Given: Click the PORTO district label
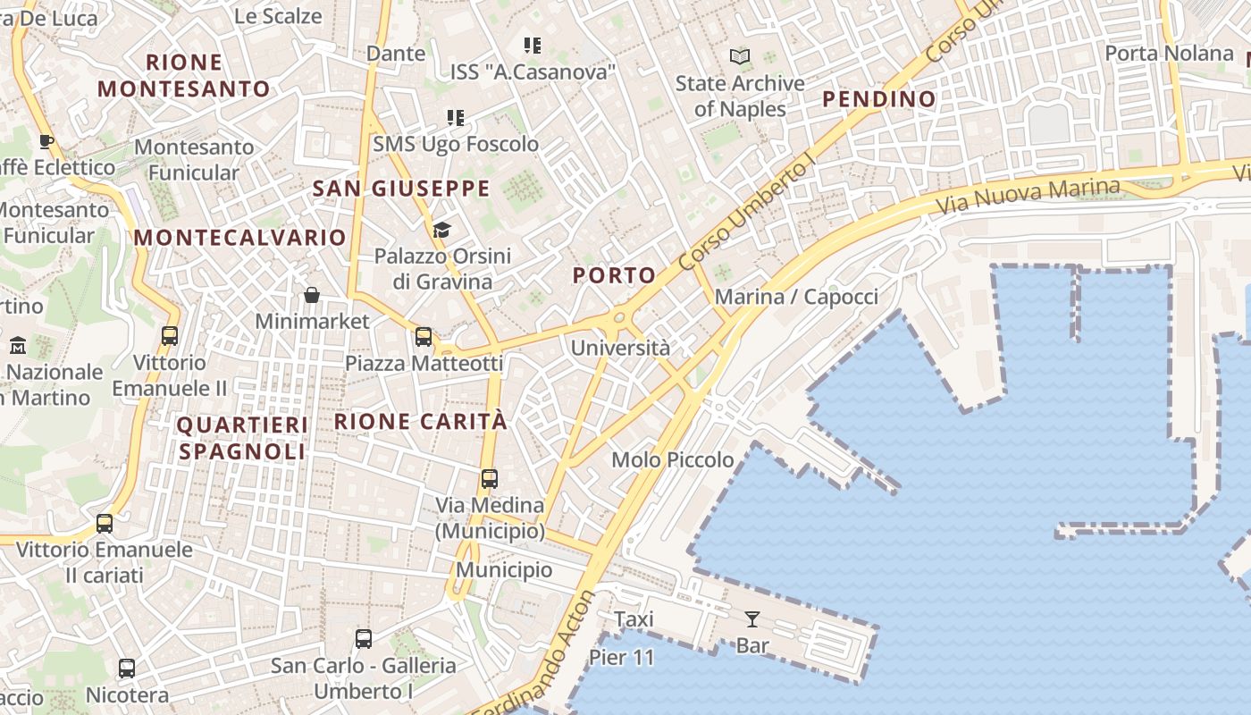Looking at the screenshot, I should click(615, 275).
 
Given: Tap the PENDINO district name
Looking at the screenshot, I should click(878, 99).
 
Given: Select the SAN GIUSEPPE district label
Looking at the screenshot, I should click(401, 189).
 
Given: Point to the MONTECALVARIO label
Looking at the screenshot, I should click(239, 237).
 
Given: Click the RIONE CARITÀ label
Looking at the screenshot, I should click(420, 421).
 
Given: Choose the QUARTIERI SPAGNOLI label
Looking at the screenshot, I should click(242, 438).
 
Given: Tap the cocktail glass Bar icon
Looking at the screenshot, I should click(751, 618).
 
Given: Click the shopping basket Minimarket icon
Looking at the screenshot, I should click(312, 295).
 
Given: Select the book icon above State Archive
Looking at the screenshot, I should click(740, 57).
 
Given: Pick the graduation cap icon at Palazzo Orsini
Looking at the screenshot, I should click(441, 231).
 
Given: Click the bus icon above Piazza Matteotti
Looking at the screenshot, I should click(424, 337).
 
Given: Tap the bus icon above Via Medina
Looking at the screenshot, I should click(489, 478).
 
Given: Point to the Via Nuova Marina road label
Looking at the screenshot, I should click(1028, 196).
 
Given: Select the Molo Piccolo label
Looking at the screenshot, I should click(672, 459).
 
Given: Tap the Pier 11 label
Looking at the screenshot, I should click(622, 659).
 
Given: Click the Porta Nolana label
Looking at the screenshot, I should click(1169, 54).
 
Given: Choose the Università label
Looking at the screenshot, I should click(620, 348).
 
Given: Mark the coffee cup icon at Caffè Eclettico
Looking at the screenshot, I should click(46, 141).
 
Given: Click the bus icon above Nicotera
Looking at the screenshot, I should click(127, 668).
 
